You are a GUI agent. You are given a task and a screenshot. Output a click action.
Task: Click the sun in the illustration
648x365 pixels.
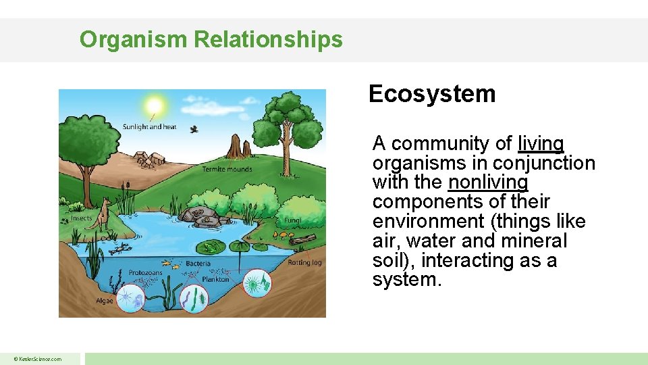click(x=155, y=105)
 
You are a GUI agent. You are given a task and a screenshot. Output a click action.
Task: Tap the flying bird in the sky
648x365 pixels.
click(x=194, y=128)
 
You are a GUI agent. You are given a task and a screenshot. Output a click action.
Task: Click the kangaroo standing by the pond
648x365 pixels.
click(x=103, y=214)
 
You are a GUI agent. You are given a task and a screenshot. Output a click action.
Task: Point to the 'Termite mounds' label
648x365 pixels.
click(x=227, y=169)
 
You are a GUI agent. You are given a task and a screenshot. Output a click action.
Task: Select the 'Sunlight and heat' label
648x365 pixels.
click(x=149, y=127)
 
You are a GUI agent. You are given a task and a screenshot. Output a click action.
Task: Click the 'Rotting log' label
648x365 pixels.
click(x=304, y=262)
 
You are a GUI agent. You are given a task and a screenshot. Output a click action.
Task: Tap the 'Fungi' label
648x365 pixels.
click(x=292, y=220)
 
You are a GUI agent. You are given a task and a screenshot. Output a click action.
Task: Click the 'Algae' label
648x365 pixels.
click(x=105, y=299)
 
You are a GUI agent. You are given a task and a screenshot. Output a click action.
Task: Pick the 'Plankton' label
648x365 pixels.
click(x=215, y=278)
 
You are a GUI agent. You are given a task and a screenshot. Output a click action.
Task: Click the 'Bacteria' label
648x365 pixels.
click(x=198, y=263)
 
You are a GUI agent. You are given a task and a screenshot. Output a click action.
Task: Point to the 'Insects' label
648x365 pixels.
click(x=82, y=219)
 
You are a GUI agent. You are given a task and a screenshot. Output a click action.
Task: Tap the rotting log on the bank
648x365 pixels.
click(x=303, y=239)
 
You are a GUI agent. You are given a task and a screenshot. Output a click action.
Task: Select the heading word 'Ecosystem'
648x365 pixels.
click(x=432, y=94)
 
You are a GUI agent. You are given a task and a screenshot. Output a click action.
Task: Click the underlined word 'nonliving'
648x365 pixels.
click(x=488, y=182)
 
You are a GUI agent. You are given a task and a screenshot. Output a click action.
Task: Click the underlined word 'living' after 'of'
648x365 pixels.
click(x=541, y=144)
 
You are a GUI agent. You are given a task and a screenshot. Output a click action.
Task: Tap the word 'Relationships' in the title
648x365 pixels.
click(x=268, y=40)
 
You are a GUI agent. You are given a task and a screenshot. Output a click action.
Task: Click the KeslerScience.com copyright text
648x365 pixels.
click(x=39, y=359)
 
